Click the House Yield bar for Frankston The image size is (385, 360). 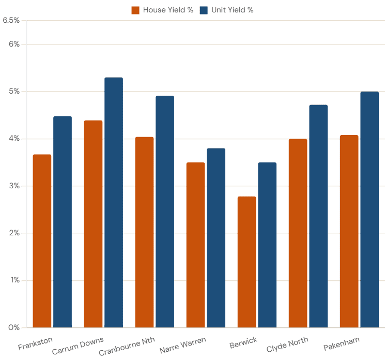coord(42,241)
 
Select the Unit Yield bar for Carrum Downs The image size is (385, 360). coord(114,202)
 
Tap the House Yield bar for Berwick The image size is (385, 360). coord(247,262)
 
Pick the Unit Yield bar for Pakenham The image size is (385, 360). coord(369,209)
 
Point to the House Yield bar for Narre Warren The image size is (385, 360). coord(195,245)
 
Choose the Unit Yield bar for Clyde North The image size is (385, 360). coord(318,216)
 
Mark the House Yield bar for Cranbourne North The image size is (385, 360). coord(144,232)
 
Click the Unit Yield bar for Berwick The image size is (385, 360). coord(267,245)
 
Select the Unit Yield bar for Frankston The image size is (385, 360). coord(63,221)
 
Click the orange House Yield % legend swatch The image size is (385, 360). coord(135,10)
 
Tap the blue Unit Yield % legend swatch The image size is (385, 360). coord(204,10)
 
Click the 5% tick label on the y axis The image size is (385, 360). coord(14,92)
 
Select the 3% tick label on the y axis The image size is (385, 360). coord(14,186)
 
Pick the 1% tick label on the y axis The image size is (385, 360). coord(14,281)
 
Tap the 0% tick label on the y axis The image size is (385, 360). coord(14,328)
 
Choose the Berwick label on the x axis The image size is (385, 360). coord(243,343)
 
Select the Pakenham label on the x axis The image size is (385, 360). coord(342,344)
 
